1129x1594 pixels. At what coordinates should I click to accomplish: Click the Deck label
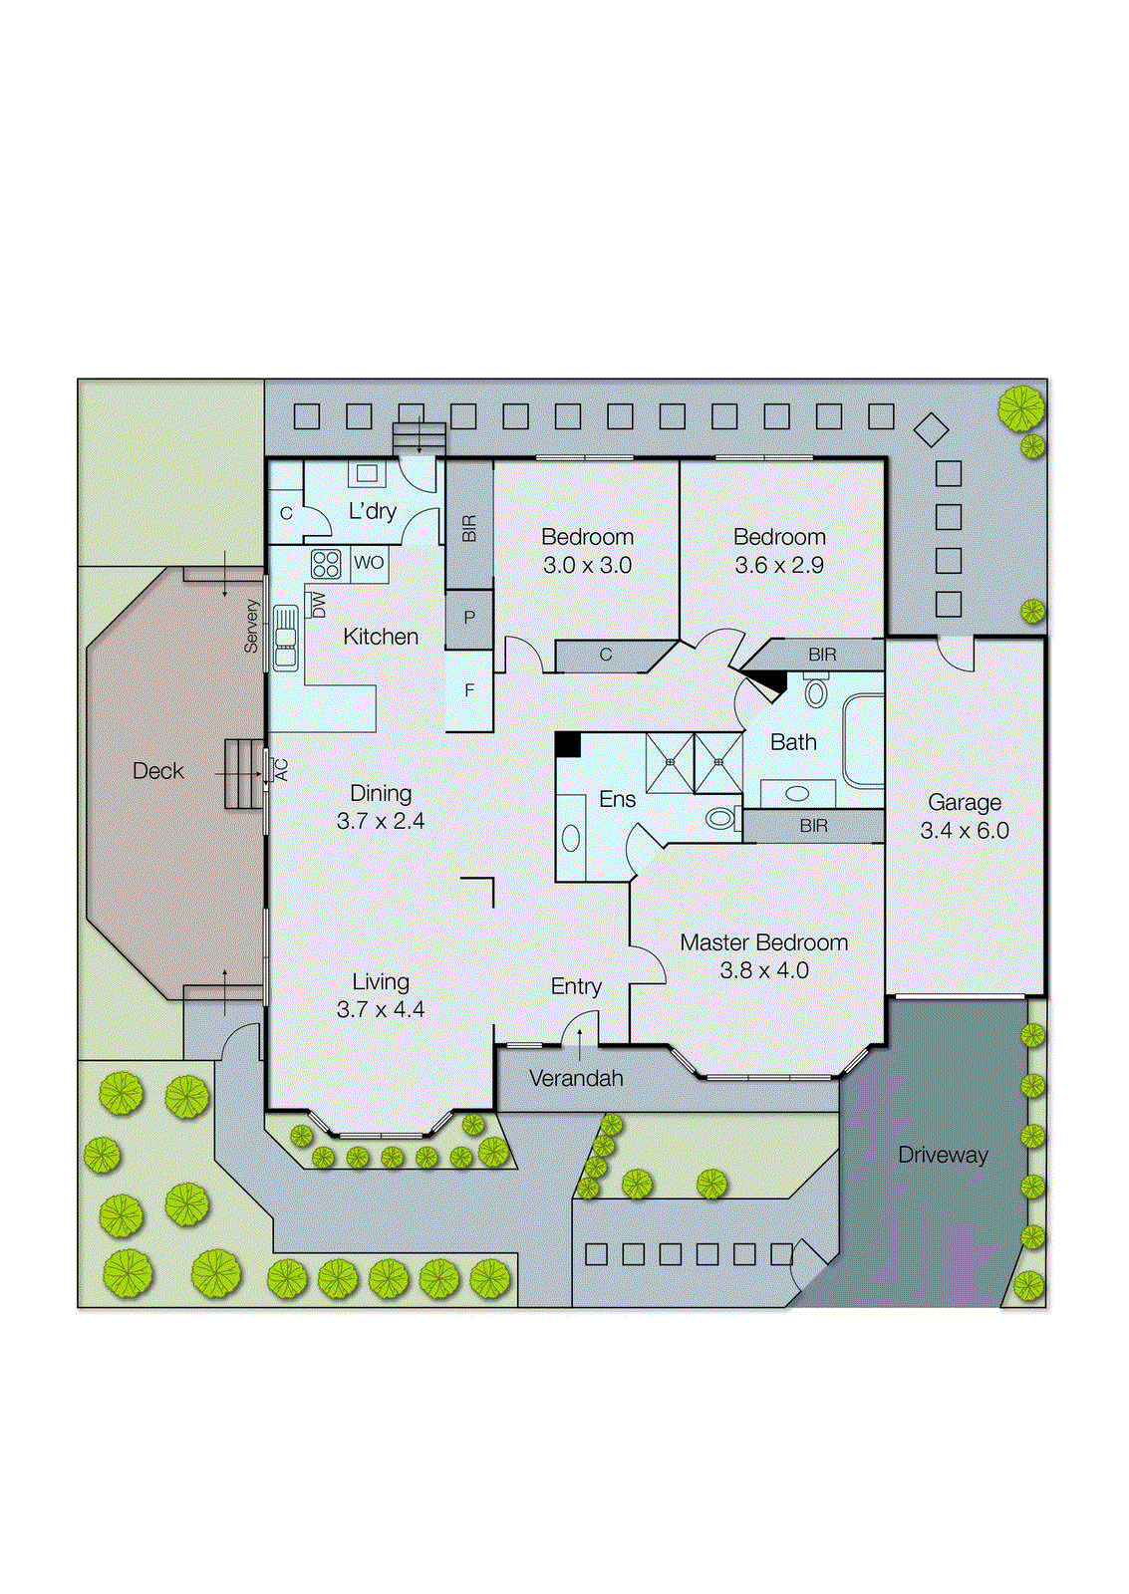coord(157,771)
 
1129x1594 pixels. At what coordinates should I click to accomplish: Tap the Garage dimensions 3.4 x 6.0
coord(964,831)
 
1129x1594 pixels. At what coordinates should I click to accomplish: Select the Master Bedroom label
coord(763,942)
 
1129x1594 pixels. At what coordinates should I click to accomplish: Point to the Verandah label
coord(576,1078)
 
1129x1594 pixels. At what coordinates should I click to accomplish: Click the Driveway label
coord(943,1155)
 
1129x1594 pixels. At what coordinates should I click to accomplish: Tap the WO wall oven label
coord(369,563)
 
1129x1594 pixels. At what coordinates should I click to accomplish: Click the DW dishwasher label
coord(318,604)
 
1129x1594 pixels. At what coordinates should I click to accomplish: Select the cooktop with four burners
coord(326,565)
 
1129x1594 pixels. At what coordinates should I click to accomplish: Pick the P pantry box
coord(469,618)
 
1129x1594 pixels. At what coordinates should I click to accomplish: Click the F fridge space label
coord(469,689)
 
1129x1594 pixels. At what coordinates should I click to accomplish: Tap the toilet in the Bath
coord(816,691)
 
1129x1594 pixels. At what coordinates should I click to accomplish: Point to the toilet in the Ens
coord(722,819)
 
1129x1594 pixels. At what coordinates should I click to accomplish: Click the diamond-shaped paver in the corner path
coord(931,430)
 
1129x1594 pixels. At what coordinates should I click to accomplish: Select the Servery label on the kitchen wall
coord(251,626)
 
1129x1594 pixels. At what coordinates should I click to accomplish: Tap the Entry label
coord(576,986)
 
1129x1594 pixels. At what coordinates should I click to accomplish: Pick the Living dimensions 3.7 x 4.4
coord(381,1009)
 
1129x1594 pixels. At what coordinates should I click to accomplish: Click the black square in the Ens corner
coord(567,744)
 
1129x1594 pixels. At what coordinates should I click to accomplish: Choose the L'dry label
coord(372,511)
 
